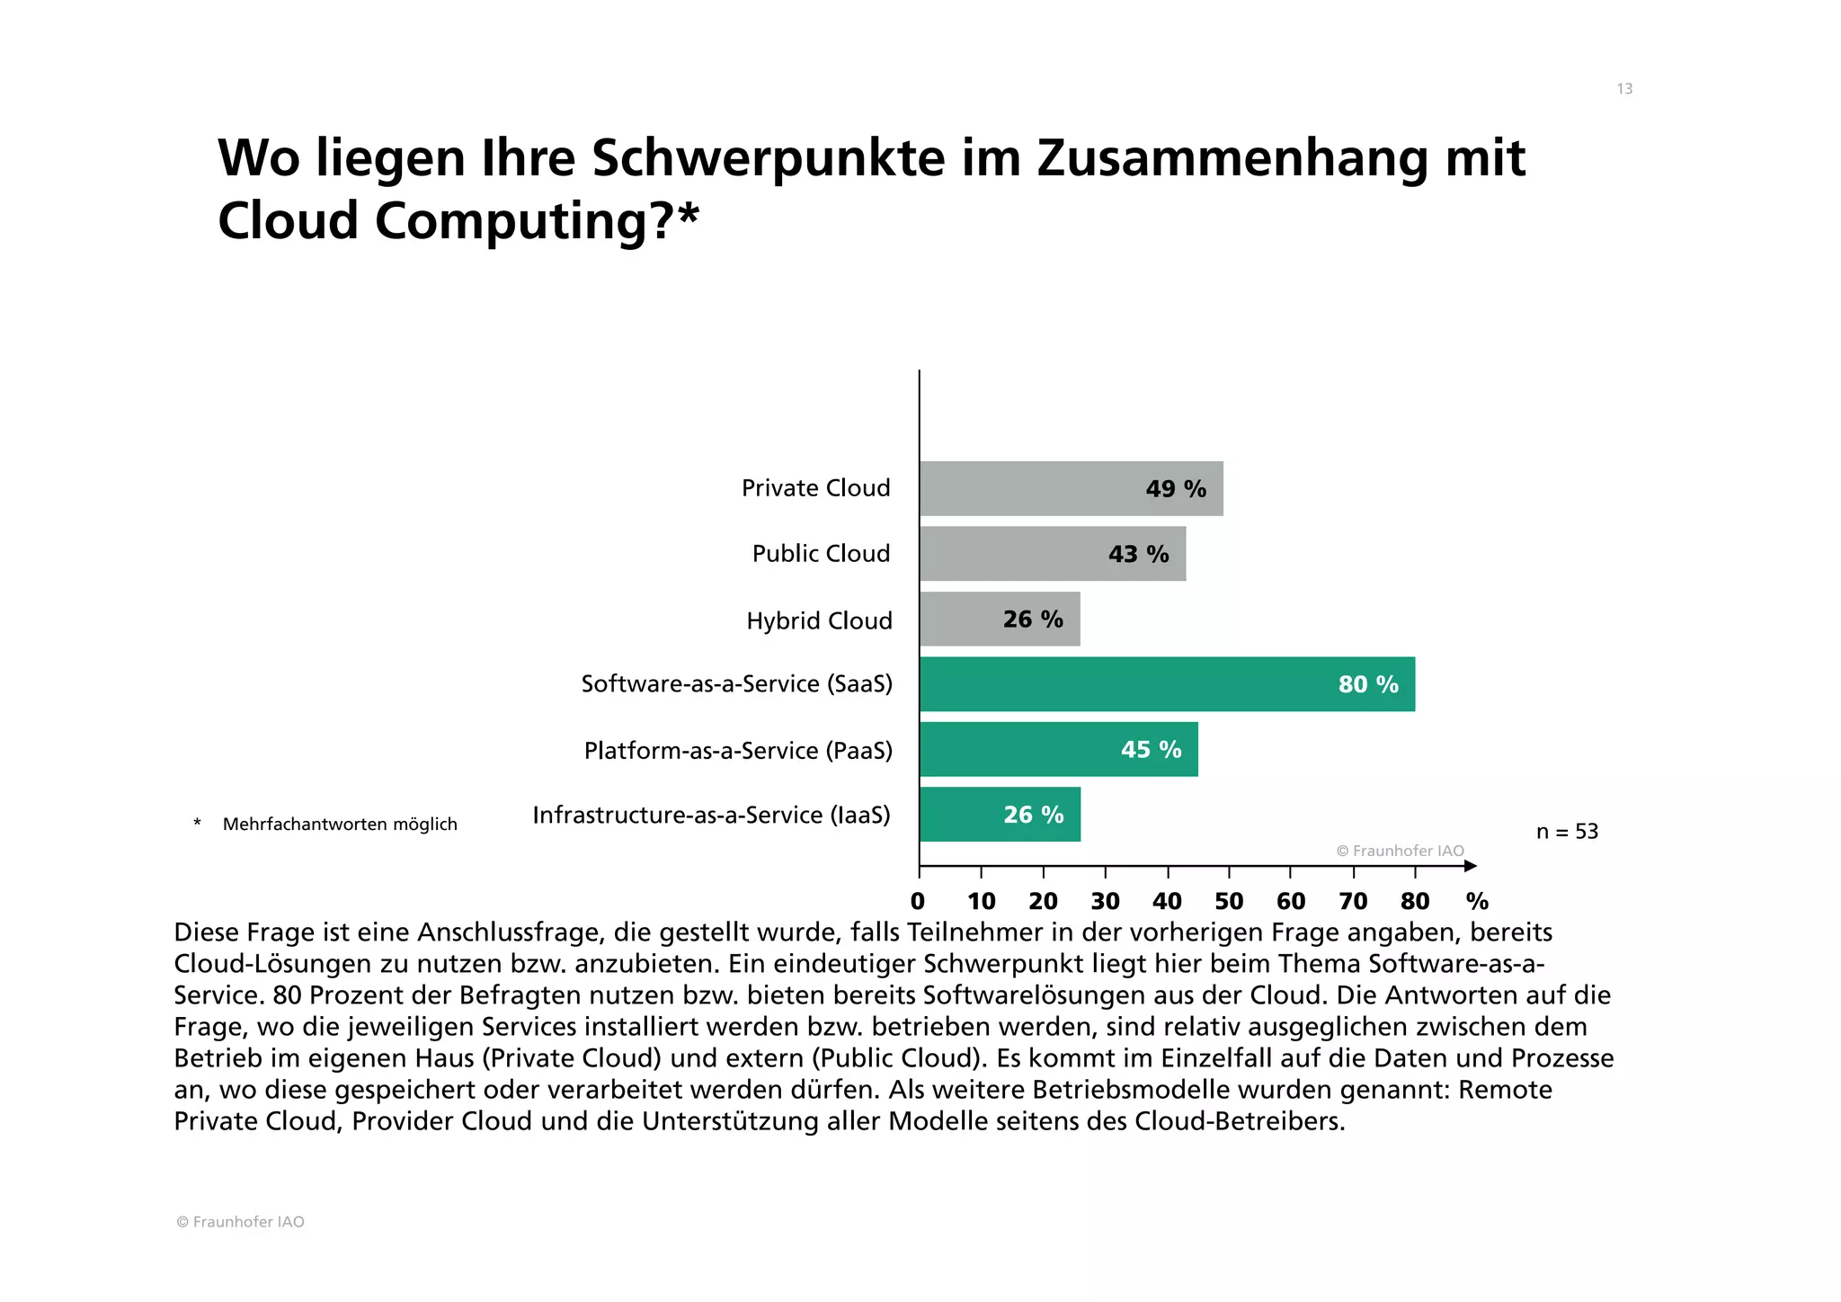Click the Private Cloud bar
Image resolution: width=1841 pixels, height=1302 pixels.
[1070, 488]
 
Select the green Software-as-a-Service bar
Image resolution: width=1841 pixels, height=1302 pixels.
[1166, 684]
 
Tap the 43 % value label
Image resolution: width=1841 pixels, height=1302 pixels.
[1138, 554]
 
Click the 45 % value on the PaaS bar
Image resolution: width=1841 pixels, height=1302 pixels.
[1151, 749]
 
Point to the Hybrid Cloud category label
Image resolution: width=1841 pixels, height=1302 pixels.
[819, 620]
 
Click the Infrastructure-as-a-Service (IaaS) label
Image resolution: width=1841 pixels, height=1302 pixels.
[711, 815]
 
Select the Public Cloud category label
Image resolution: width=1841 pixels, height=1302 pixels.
[821, 554]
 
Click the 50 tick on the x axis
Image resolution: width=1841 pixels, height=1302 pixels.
[1229, 901]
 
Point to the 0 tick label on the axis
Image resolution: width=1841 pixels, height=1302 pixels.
[918, 901]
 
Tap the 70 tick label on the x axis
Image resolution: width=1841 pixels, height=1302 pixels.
[1353, 901]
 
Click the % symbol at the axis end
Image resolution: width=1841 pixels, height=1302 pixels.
[1477, 901]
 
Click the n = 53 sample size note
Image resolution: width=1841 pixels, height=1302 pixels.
[1567, 832]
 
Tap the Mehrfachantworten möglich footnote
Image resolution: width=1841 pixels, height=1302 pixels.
[340, 825]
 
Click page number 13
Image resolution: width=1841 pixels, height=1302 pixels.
[1624, 89]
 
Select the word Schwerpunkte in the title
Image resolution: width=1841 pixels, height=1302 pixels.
[769, 157]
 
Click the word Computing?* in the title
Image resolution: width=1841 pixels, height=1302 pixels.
[537, 220]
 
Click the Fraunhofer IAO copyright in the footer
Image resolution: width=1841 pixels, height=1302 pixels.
[240, 1222]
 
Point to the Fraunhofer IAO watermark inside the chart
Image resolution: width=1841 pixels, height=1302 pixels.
[1400, 851]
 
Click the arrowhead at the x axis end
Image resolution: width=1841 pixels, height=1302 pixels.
[1470, 866]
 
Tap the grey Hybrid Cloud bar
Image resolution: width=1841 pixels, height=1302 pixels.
[999, 619]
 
